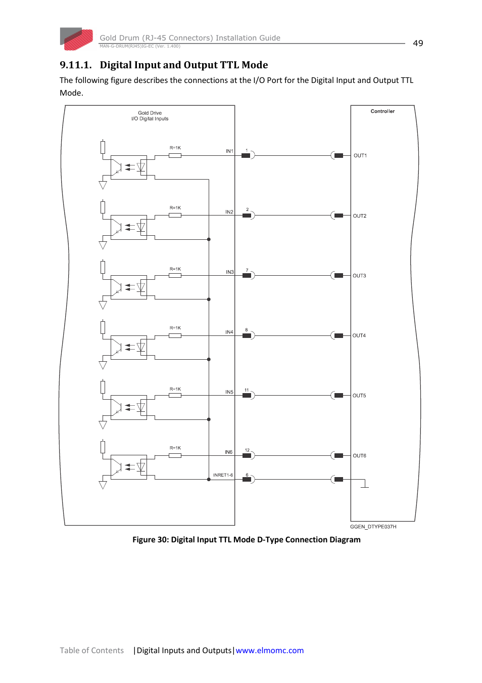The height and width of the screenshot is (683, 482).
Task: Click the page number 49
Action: click(418, 44)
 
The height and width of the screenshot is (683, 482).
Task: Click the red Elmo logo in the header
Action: click(77, 39)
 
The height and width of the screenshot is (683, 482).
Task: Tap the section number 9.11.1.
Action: click(76, 65)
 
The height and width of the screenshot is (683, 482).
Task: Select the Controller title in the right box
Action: click(382, 111)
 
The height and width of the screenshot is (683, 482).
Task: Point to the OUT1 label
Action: click(360, 156)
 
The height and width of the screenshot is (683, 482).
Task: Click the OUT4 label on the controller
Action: click(359, 336)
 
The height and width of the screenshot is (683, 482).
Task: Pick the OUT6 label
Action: click(359, 456)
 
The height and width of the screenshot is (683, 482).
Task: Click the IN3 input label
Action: click(230, 272)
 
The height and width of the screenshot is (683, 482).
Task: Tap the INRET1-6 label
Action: click(223, 475)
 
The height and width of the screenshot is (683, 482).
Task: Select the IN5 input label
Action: click(229, 392)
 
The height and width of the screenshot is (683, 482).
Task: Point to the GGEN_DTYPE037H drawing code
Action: click(373, 527)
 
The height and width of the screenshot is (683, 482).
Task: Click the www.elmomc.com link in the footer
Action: click(270, 651)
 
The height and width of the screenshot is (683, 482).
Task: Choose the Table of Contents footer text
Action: click(92, 651)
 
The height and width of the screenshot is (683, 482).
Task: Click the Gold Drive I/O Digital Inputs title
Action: click(150, 116)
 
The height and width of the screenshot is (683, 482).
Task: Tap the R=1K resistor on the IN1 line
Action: click(175, 155)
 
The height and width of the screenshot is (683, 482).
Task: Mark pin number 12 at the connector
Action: click(247, 450)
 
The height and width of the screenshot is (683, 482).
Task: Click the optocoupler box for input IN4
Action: click(129, 348)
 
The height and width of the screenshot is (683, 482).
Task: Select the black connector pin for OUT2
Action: click(339, 216)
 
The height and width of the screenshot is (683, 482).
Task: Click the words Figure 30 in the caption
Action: click(150, 540)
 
